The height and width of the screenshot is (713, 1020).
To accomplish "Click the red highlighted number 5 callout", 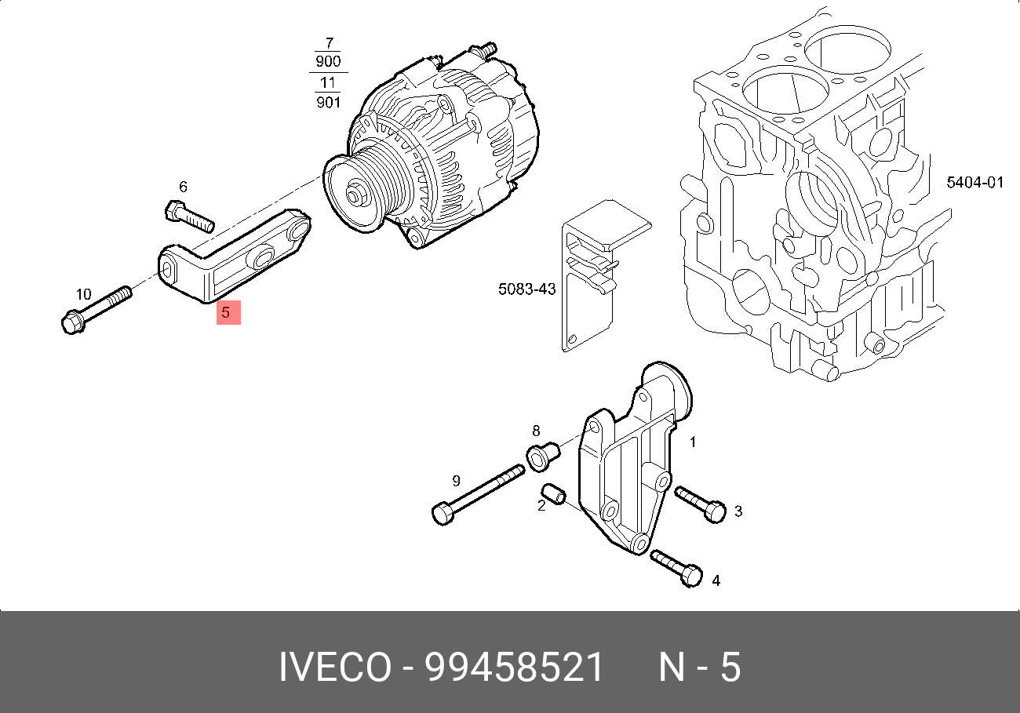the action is pos(228,313).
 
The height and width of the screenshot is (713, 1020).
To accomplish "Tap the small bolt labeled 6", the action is pos(188,216).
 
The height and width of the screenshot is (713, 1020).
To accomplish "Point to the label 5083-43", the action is pos(526,289).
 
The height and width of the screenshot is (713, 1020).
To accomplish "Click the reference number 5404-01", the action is pos(974,183).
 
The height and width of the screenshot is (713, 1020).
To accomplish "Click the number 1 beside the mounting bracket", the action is pos(692,442).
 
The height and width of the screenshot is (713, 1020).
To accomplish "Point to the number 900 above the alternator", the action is pos(328,62).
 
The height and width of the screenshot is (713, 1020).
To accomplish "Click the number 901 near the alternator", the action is pos(328,101).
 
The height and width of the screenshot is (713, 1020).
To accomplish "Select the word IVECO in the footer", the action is pos(334,668).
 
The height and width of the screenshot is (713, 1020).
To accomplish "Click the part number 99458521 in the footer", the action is pos(515,668).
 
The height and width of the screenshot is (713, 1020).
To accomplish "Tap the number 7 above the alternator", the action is pos(329,43).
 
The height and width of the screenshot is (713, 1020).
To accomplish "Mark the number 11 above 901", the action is pos(328,82).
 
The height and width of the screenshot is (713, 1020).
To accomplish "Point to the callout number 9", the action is pos(455,481).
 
